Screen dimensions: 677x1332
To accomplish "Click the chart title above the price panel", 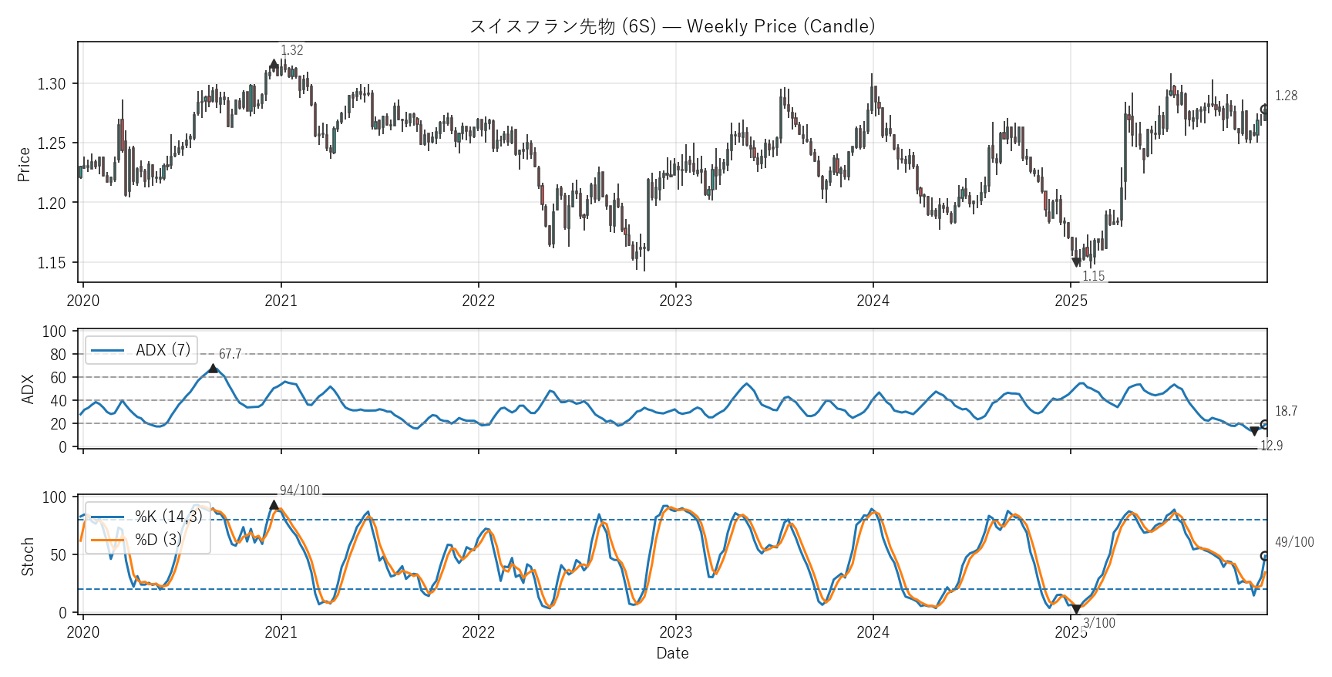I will click(x=672, y=26).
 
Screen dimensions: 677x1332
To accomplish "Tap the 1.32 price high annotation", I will click(x=291, y=50).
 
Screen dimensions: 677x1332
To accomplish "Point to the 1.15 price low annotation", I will click(x=1093, y=276).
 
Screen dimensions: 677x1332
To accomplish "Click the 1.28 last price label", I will click(x=1286, y=96).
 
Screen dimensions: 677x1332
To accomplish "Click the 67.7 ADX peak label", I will click(x=230, y=354).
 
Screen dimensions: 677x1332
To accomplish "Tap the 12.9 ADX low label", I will click(x=1271, y=446).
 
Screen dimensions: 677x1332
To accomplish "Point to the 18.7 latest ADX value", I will click(x=1286, y=411).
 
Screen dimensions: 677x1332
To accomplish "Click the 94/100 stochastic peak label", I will click(x=299, y=490).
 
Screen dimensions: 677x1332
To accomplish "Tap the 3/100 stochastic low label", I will click(x=1098, y=623).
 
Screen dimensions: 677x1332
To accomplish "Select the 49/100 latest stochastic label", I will click(x=1294, y=542).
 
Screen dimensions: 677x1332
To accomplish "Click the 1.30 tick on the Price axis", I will click(x=52, y=83).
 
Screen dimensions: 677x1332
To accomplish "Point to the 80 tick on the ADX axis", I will click(x=59, y=355).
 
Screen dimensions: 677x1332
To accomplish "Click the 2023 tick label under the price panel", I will click(x=675, y=301).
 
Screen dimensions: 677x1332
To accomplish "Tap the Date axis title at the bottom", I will click(x=672, y=653).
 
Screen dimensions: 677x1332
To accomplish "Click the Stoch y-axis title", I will click(x=28, y=556).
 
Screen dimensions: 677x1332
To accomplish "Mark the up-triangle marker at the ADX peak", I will click(x=213, y=369).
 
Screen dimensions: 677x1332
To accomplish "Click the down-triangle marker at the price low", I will click(x=1076, y=263).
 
